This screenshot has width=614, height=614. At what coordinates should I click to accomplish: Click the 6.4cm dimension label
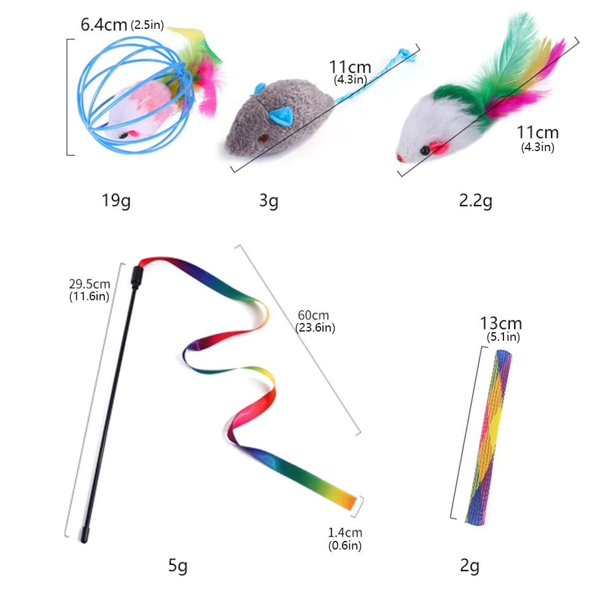(104, 25)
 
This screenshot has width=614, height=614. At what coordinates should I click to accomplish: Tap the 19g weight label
(116, 200)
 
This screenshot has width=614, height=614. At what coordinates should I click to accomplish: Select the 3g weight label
(268, 200)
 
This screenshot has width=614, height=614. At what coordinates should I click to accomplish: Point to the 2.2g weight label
(475, 200)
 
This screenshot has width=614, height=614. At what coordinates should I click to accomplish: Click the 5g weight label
(178, 566)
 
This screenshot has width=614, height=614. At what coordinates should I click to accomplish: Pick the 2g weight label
(470, 566)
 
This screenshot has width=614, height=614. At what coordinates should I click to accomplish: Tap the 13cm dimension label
(500, 324)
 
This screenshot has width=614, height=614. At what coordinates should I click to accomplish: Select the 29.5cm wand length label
(90, 284)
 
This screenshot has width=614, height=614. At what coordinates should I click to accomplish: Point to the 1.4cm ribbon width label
(344, 532)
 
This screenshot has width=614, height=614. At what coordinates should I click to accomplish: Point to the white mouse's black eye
(423, 149)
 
